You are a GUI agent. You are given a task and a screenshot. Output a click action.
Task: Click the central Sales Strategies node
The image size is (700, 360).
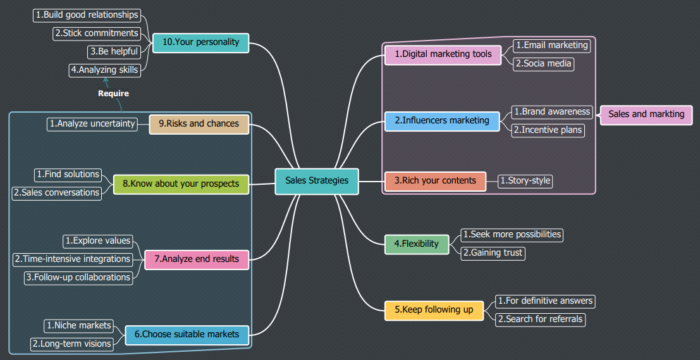coord(317,181)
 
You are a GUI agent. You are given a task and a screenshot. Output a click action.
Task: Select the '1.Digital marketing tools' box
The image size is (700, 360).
coord(443,54)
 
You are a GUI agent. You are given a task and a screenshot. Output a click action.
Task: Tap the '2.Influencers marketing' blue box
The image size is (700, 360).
coord(442,120)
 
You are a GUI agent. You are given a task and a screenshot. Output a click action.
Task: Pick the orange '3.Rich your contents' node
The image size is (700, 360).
coord(435,181)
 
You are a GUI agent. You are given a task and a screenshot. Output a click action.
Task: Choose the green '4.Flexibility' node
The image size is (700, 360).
coord(417,244)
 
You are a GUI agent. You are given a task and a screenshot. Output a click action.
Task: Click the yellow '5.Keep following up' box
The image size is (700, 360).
coord(434,310)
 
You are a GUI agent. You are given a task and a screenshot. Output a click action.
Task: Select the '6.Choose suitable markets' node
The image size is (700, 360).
coord(187,334)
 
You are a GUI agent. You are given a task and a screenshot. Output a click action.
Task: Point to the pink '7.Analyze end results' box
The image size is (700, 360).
coord(197,259)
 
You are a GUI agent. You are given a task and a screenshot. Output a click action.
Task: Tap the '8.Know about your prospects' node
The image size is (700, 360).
coord(181,184)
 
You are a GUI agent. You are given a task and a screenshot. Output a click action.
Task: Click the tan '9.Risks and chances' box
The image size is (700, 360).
coord(199,124)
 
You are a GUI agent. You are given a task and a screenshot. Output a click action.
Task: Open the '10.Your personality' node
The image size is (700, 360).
coord(201,42)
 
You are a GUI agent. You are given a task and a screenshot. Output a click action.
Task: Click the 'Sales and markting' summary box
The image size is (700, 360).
coord(646,115)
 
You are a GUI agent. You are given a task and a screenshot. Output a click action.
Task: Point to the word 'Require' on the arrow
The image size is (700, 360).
coord(113,94)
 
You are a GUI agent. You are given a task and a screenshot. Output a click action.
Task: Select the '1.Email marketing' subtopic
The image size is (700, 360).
coord(551,46)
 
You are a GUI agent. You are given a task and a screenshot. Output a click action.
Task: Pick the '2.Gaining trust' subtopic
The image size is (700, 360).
coord(493,253)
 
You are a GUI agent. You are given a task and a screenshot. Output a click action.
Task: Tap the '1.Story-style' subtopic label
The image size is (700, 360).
coord(525,181)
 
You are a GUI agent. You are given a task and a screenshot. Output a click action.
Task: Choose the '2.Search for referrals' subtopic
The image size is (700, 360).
coord(540,320)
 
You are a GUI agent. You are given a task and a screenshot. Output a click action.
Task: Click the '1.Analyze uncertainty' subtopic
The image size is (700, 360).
coord(92,124)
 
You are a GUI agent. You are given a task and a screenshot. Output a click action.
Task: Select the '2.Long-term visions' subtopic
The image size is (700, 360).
coord(72,344)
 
